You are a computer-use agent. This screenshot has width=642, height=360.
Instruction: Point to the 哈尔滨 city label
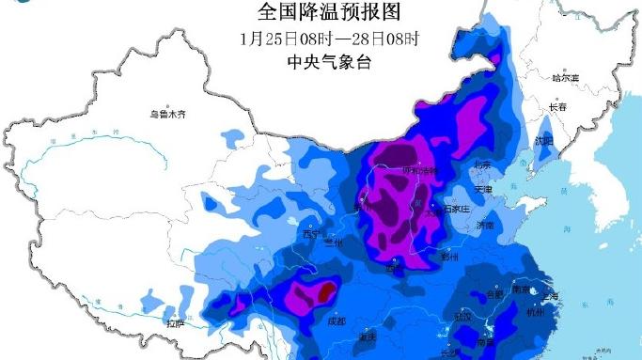(x=566, y=77)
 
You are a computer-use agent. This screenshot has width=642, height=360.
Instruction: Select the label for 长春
(x=556, y=108)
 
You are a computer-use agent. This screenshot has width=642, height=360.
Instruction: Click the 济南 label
(x=485, y=226)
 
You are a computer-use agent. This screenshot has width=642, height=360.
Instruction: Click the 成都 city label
(x=337, y=321)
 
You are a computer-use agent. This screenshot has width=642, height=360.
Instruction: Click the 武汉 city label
(x=462, y=317)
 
